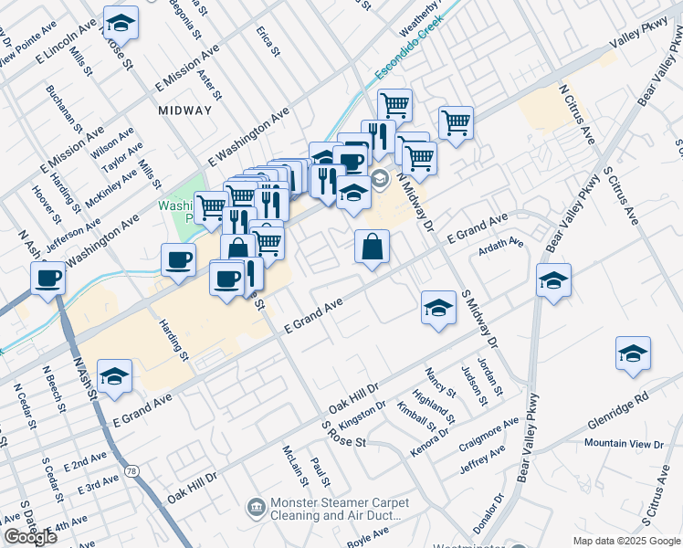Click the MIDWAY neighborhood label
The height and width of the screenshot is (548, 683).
click(x=184, y=111)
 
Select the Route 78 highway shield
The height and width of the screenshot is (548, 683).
click(x=134, y=471)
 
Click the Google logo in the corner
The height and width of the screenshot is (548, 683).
click(x=31, y=537)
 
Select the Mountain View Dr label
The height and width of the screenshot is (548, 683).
click(x=625, y=444)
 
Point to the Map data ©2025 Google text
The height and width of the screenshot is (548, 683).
click(x=625, y=541)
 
